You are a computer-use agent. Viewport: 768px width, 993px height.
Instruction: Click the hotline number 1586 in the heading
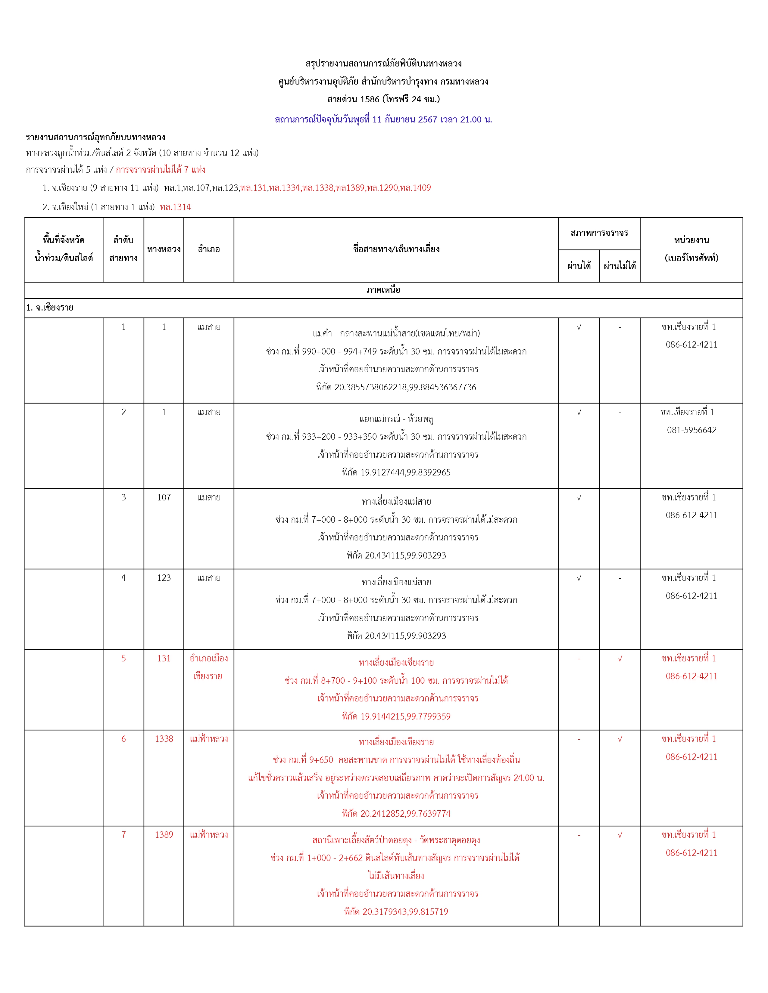click(370, 99)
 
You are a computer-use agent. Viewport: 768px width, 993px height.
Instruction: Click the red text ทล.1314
click(175, 207)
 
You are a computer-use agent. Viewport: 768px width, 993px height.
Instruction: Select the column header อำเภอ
click(209, 249)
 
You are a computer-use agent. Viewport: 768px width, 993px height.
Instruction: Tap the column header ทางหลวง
click(164, 249)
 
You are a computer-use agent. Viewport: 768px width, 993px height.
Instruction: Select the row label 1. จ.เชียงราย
click(50, 308)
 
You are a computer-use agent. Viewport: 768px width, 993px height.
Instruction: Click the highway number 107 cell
click(164, 497)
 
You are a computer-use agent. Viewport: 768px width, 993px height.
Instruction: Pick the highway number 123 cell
click(164, 578)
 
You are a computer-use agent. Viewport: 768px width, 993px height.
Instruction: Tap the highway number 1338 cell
click(164, 739)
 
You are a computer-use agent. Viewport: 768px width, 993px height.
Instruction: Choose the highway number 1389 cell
click(164, 835)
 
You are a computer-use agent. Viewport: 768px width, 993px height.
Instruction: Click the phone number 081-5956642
click(691, 430)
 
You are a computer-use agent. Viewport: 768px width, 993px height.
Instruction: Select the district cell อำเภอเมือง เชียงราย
click(208, 667)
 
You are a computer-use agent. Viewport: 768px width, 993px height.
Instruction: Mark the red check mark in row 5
click(620, 658)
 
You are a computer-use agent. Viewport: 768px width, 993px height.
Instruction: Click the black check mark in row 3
click(579, 497)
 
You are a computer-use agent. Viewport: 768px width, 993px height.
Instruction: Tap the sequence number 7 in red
click(123, 835)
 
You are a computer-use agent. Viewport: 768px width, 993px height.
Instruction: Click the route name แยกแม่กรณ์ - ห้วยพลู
click(396, 419)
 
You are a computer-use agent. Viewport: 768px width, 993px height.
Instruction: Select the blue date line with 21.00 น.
click(383, 119)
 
